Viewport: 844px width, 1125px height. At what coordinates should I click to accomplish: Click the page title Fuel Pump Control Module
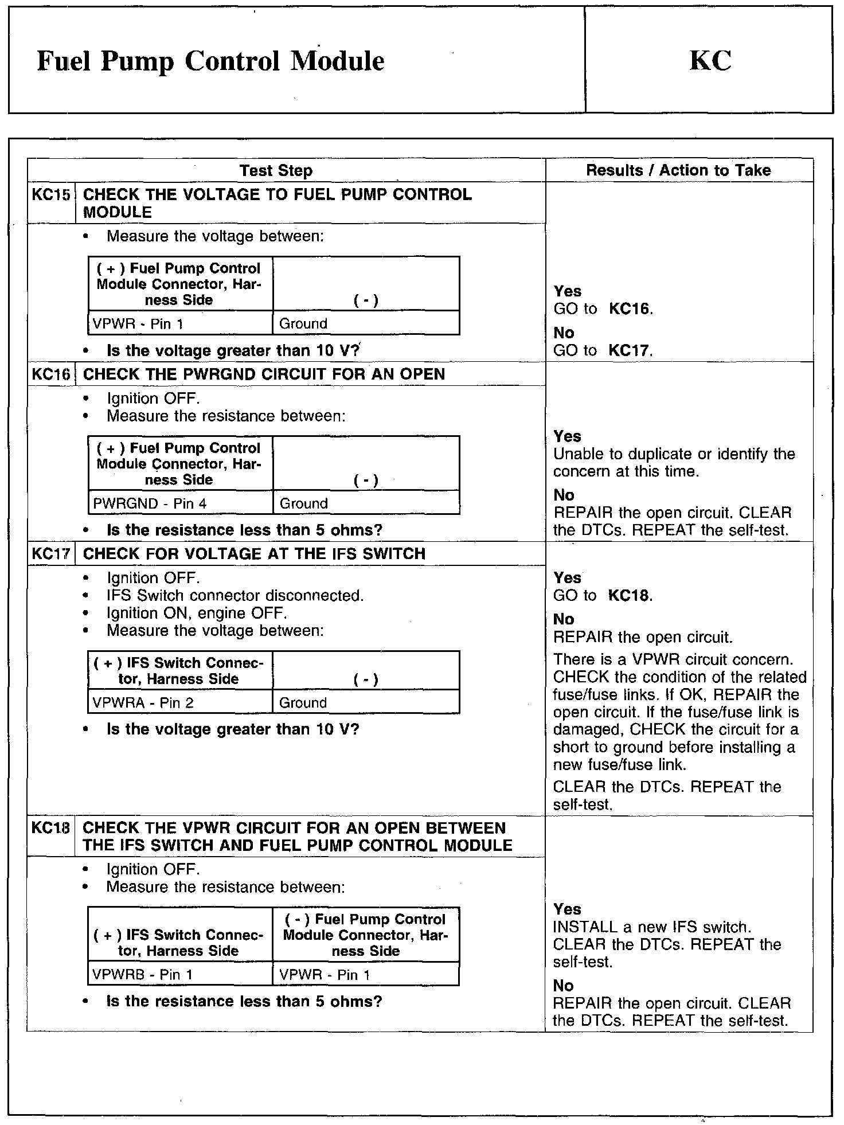click(210, 61)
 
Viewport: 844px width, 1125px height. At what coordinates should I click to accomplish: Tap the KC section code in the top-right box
click(710, 61)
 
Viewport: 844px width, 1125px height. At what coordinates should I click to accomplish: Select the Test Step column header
click(276, 170)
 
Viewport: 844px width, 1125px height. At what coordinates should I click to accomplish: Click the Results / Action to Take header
click(678, 170)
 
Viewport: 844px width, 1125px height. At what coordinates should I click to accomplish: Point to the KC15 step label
click(51, 195)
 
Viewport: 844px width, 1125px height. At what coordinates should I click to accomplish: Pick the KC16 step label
click(51, 374)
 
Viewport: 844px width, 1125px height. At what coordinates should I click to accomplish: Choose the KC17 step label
click(51, 554)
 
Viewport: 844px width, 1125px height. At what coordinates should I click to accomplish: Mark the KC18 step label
click(51, 828)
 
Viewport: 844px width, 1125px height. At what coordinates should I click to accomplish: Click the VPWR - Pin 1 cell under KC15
click(138, 324)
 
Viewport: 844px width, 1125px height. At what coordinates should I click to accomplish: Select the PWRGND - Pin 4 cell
click(150, 503)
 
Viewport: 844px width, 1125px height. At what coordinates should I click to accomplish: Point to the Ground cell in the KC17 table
click(303, 703)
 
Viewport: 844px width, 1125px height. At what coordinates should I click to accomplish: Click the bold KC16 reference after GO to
click(630, 309)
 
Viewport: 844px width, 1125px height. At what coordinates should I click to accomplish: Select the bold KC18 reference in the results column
click(630, 595)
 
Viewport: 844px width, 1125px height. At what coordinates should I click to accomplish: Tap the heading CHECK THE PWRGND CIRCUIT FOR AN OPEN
click(264, 374)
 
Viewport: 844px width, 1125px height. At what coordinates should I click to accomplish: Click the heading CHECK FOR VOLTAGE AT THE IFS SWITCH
click(254, 554)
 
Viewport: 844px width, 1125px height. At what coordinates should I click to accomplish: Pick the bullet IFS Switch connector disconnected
click(235, 596)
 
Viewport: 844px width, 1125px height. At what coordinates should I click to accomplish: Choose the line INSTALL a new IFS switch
click(652, 927)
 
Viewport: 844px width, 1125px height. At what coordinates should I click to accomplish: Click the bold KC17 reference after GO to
click(630, 350)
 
